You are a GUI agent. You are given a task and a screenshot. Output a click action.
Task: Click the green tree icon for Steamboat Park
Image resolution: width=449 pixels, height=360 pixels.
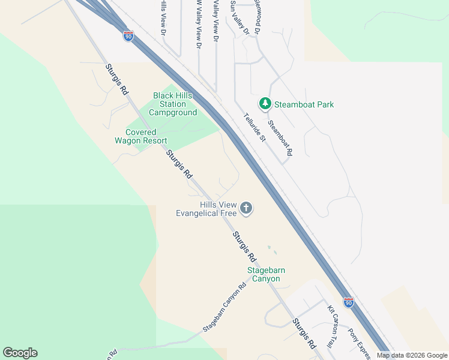[265, 104]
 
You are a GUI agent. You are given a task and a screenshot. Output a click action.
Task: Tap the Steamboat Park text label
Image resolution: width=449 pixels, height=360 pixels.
[304, 104]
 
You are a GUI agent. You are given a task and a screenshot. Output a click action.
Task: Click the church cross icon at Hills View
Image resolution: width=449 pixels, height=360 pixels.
[246, 208]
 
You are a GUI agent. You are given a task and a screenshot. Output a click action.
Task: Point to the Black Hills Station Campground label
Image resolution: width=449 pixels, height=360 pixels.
[173, 104]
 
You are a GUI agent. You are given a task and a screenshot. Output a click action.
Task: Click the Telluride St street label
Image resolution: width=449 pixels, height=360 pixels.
[254, 128]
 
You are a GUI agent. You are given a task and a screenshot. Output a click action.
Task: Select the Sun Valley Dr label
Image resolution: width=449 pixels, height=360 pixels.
[235, 17]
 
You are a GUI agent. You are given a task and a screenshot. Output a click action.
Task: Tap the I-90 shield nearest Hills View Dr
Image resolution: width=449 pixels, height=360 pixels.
[128, 36]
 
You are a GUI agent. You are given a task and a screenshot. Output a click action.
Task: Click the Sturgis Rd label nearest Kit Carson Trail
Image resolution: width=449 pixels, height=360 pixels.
[304, 334]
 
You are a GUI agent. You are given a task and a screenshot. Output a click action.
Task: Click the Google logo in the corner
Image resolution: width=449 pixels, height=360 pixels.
[20, 353]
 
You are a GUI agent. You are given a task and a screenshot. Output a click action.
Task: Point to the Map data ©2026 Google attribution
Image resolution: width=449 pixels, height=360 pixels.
[412, 355]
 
